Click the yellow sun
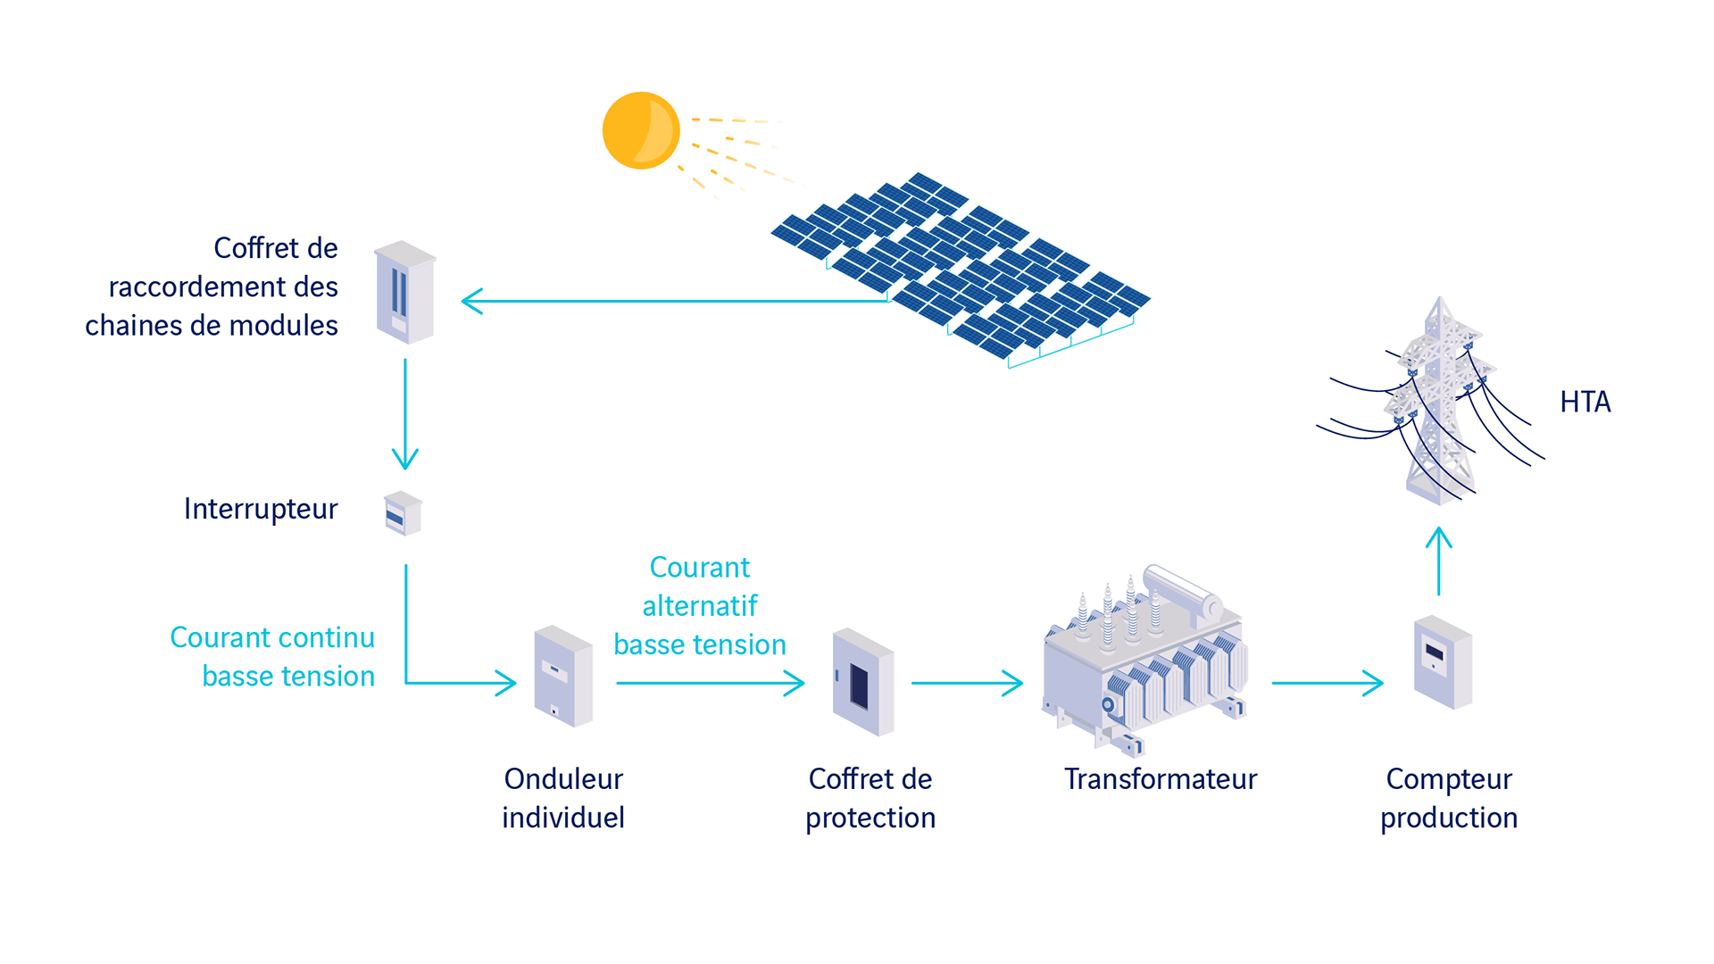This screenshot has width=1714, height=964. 641,130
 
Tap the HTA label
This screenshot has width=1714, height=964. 1585,403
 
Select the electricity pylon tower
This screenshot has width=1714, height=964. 1439,402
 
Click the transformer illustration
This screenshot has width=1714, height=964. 1144,661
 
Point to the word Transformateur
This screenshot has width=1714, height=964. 1160,779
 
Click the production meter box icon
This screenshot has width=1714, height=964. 1442,662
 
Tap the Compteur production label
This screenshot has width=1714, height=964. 1449,798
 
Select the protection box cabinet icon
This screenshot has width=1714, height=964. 862,682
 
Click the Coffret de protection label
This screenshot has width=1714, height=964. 870,798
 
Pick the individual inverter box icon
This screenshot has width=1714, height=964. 563,676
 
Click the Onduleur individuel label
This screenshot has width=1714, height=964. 563,798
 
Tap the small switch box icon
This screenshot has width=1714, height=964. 403,513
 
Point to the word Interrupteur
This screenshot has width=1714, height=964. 261,509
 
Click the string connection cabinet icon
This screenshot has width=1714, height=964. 405,292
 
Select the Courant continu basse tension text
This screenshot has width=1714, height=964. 272,657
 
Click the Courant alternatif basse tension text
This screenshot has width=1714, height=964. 700,606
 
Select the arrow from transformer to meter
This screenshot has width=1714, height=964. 1327,684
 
